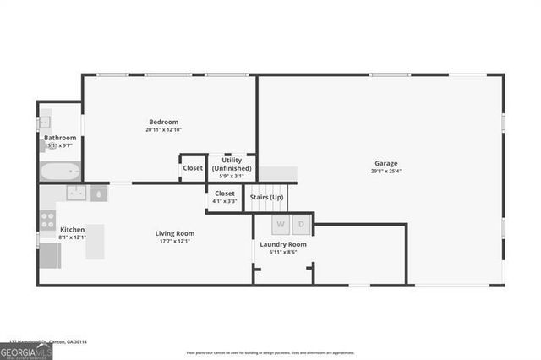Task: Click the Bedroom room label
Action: click(x=163, y=122)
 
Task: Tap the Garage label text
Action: click(x=386, y=163)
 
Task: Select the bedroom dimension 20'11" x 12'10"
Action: click(x=163, y=129)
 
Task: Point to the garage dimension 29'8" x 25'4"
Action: click(x=386, y=171)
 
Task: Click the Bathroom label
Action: click(x=60, y=138)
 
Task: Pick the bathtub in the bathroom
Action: click(x=60, y=172)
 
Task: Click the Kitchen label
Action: click(x=72, y=229)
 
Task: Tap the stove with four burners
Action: click(x=47, y=221)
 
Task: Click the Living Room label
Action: click(x=175, y=233)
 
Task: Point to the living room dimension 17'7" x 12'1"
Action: click(x=175, y=241)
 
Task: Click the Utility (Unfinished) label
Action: click(x=231, y=164)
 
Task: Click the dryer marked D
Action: click(x=302, y=225)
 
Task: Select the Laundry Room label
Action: click(x=282, y=244)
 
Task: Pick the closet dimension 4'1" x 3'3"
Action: click(x=224, y=201)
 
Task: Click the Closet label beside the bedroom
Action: click(x=193, y=167)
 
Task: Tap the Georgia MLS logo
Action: click(x=26, y=351)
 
